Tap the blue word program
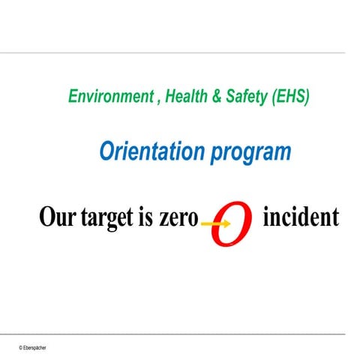click(x=250, y=153)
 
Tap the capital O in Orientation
click(x=108, y=151)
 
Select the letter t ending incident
click(x=334, y=217)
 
